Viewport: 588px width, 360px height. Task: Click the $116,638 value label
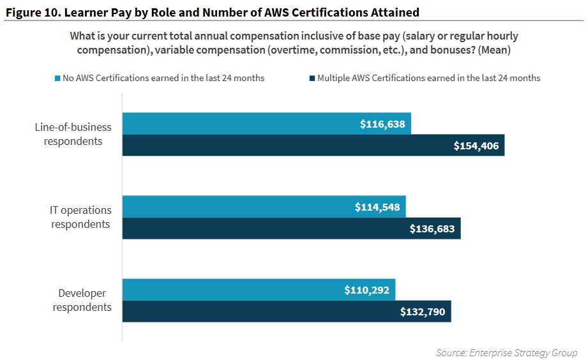[382, 124]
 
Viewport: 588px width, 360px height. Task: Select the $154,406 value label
[476, 146]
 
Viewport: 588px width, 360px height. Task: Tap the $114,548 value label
[377, 207]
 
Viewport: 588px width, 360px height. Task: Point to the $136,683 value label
[432, 229]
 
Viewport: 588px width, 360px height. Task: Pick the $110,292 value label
[367, 290]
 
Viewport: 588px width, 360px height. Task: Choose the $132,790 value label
[423, 312]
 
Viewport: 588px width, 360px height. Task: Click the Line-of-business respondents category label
[73, 134]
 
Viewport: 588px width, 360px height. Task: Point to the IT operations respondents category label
[80, 217]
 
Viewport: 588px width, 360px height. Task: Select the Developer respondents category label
[82, 300]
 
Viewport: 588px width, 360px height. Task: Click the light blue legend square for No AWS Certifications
[57, 79]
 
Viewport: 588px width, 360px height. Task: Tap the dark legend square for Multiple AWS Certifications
[312, 79]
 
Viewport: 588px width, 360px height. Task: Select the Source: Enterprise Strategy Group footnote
[506, 352]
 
